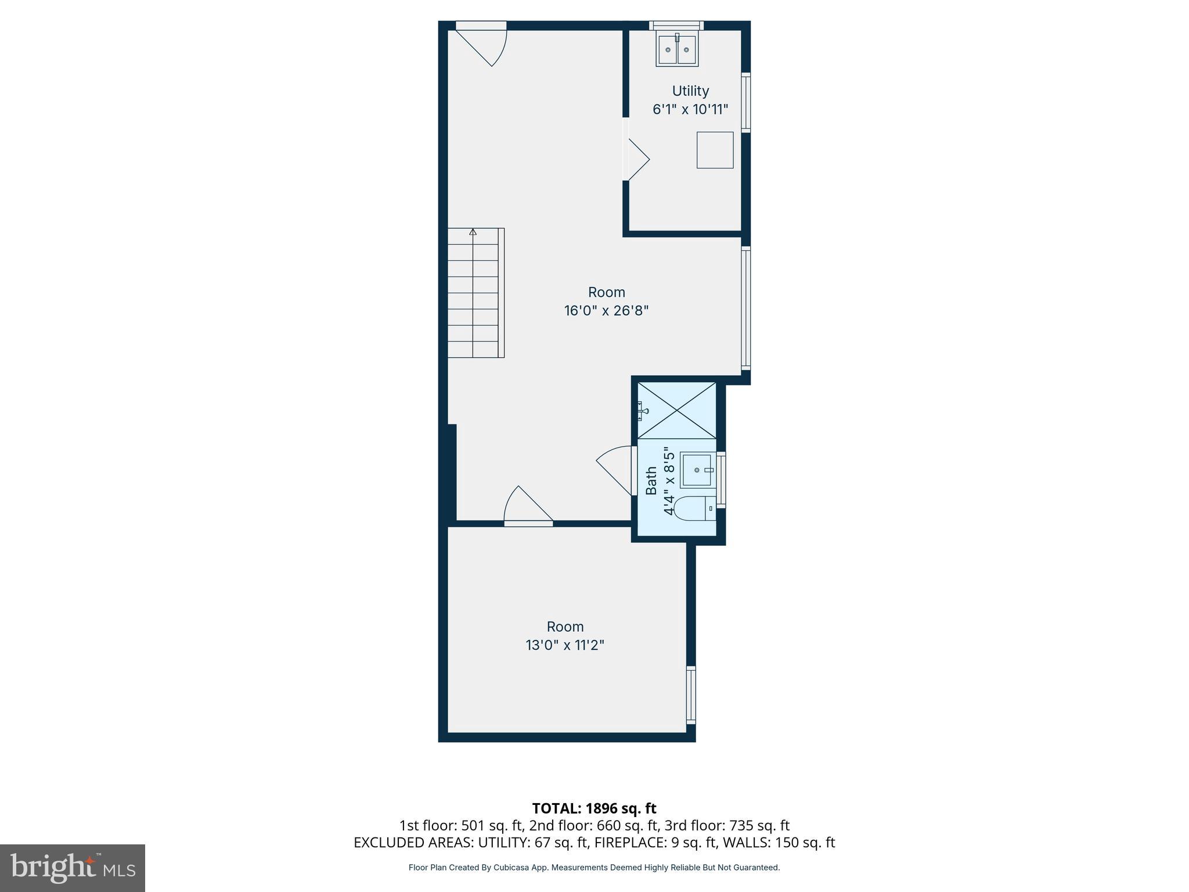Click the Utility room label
(690, 91)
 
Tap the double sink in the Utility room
(677, 50)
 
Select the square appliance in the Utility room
(715, 150)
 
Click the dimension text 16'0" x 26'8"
(606, 311)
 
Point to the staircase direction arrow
(473, 232)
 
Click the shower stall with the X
(676, 410)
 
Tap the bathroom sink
(698, 470)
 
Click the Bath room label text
(651, 481)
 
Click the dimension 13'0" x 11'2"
(565, 645)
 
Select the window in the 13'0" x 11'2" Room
(691, 695)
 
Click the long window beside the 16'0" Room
(746, 308)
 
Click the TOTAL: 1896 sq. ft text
(594, 808)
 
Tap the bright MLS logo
(73, 868)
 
